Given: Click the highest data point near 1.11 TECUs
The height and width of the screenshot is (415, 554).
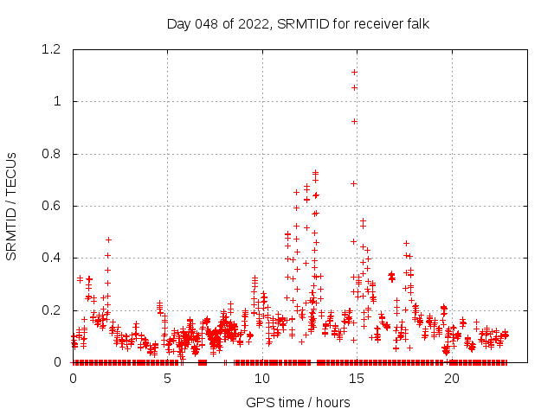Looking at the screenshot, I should coord(354,72).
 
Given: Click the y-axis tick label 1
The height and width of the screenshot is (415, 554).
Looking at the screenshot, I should coord(57,101).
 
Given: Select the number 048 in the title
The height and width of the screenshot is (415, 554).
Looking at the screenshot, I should coord(206,23).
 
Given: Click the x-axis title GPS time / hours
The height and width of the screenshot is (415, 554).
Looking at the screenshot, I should coord(298,402).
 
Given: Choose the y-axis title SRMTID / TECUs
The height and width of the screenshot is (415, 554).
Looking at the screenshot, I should coord(12,206).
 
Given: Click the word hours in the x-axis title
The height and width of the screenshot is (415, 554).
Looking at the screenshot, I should coord(332,402).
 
